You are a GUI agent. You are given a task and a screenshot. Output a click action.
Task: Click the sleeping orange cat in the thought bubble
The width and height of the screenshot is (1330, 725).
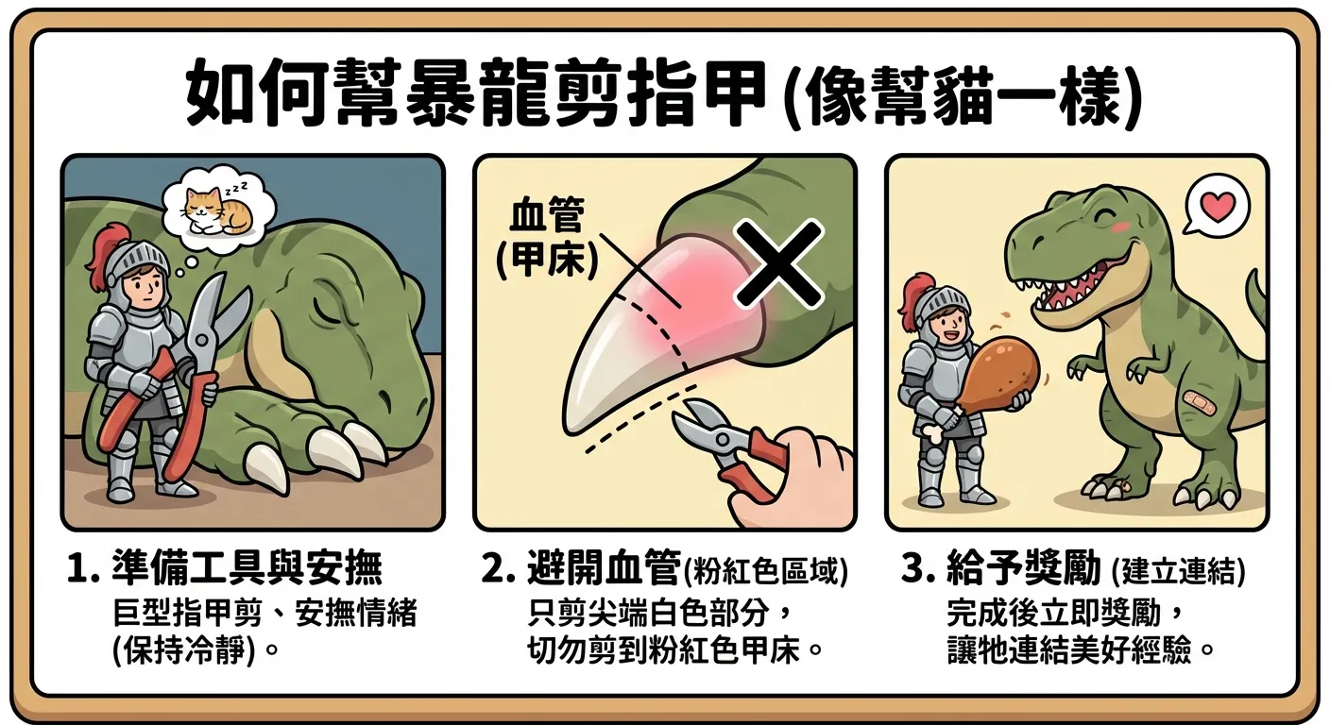click(x=212, y=210)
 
